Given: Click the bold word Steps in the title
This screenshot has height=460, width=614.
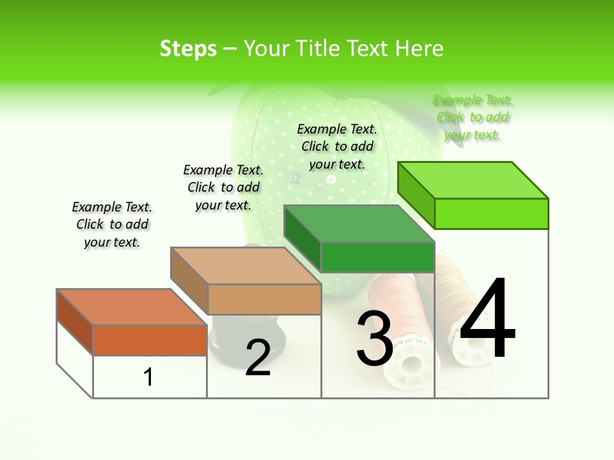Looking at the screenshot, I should coord(188,49).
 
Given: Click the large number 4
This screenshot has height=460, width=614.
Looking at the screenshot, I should coord(488,319).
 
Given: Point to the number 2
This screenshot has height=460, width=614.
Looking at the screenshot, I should coord(258,358).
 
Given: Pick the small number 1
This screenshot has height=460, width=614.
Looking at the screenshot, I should coord(148,377).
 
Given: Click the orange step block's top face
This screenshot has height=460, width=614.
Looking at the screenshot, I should coord(132,307).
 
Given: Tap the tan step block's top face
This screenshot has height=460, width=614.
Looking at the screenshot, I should coord(246,265).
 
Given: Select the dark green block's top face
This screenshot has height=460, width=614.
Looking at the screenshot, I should coord(359,224).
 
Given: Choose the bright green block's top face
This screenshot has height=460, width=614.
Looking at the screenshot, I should coord(473,180).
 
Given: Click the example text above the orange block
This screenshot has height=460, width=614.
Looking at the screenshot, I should coord(112,224).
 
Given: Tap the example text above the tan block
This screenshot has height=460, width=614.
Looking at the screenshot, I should coord(223,187).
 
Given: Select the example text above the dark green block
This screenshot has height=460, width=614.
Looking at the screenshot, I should coord(337,146).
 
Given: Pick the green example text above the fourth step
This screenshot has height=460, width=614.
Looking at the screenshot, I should coord(473,117).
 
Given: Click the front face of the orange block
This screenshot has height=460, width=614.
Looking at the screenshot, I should coord(150,340).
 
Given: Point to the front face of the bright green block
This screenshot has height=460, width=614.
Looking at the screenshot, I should coord(491,213).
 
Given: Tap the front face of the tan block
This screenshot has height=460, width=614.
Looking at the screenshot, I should coord(264,299).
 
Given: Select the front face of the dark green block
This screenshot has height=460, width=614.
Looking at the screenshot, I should coord(377,257).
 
